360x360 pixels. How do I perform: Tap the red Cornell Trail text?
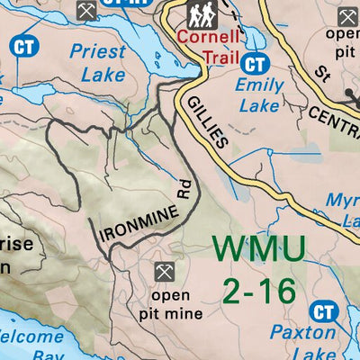[x=209, y=48]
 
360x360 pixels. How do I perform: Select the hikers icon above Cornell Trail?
[x=201, y=14]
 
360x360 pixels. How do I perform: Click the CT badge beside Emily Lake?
[x=256, y=64]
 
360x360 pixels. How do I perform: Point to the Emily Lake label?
[x=259, y=95]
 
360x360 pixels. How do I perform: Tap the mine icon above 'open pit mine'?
[x=164, y=271]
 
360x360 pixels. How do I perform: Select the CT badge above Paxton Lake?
[x=323, y=312]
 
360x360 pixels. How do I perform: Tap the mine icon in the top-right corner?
[x=346, y=15]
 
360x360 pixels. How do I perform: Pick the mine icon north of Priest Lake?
[x=86, y=11]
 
